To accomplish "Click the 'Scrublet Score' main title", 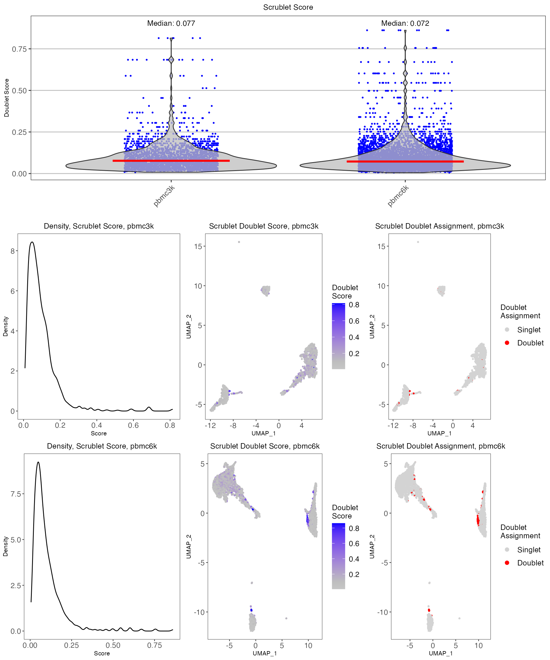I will click(288, 7).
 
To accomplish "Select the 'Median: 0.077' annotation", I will click(171, 23).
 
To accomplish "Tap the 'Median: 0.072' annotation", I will click(405, 23).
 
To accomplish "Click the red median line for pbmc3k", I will click(171, 161).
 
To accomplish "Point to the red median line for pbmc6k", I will click(405, 162).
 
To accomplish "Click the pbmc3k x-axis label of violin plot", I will click(164, 196).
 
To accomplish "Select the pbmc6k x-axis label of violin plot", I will click(398, 196).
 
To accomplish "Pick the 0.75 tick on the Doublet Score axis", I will click(19, 49).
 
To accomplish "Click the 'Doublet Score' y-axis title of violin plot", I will click(7, 98).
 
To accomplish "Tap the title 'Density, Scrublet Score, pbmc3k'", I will click(99, 226).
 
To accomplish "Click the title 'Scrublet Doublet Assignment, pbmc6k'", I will click(441, 446).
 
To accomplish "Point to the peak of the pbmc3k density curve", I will click(32, 242).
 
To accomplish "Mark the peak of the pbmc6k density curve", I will click(38, 462).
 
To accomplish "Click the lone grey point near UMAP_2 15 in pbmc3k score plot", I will click(239, 242).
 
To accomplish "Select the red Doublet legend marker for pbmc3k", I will click(507, 343).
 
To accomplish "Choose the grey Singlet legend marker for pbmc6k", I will click(507, 549).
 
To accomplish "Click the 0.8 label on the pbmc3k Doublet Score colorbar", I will click(354, 305).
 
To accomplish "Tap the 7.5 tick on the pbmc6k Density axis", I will click(16, 494).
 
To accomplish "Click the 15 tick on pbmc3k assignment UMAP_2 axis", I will click(381, 246).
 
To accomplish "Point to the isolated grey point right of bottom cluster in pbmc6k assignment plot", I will click(459, 618).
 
